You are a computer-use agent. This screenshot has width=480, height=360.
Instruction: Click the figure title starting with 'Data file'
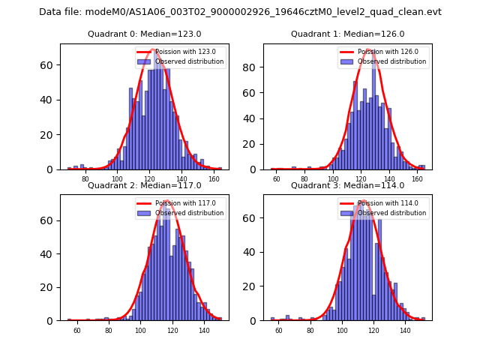pyautogui.click(x=240, y=12)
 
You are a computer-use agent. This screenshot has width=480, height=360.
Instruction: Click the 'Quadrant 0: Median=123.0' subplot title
pyautogui.click(x=144, y=34)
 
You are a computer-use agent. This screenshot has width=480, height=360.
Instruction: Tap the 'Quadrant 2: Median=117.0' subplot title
pyautogui.click(x=144, y=186)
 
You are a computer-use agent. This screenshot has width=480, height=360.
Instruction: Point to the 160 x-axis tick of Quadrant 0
pyautogui.click(x=214, y=180)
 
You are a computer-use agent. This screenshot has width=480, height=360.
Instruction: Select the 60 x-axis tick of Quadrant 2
pyautogui.click(x=76, y=331)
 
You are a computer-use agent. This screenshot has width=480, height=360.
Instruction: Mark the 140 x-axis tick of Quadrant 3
pyautogui.click(x=406, y=331)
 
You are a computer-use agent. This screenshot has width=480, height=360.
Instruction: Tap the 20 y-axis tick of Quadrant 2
pyautogui.click(x=49, y=287)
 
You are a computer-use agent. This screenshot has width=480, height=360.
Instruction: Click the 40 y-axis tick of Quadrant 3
pyautogui.click(x=252, y=254)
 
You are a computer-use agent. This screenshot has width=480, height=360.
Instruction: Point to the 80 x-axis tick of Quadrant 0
pyautogui.click(x=85, y=180)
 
